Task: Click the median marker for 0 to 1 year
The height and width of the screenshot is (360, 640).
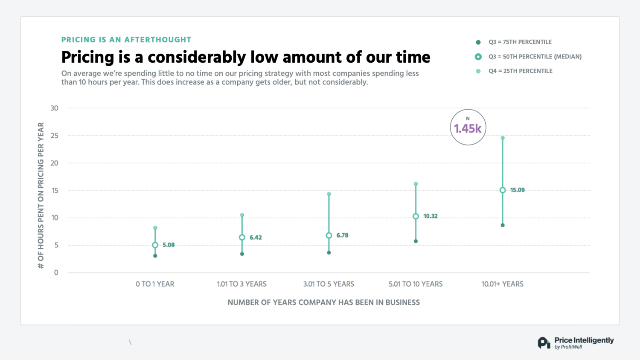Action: pyautogui.click(x=155, y=245)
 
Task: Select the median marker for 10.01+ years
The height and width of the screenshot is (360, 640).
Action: pyautogui.click(x=503, y=190)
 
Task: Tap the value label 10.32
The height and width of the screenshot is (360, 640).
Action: pyautogui.click(x=430, y=216)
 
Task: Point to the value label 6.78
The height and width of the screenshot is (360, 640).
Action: pyautogui.click(x=342, y=235)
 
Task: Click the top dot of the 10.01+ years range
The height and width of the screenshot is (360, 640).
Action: pyautogui.click(x=503, y=138)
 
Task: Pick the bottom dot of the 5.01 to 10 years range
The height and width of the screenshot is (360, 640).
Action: pyautogui.click(x=416, y=241)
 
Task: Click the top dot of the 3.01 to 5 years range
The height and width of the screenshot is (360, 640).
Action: pyautogui.click(x=329, y=194)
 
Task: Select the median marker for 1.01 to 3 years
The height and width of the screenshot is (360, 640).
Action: pyautogui.click(x=242, y=238)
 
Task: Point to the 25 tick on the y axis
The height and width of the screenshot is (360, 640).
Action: pyautogui.click(x=54, y=136)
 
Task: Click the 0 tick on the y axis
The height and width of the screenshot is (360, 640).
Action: pyautogui.click(x=56, y=273)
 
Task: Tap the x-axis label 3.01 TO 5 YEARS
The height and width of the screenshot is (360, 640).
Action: pyautogui.click(x=329, y=284)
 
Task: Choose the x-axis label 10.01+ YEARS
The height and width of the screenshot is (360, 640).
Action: pyautogui.click(x=502, y=284)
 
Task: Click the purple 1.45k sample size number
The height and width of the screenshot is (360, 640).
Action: pyautogui.click(x=468, y=129)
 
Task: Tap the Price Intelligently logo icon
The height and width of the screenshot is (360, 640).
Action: pyautogui.click(x=544, y=343)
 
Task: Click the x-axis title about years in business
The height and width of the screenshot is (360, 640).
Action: pyautogui.click(x=323, y=302)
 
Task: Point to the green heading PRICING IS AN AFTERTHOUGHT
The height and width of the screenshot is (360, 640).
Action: pyautogui.click(x=126, y=40)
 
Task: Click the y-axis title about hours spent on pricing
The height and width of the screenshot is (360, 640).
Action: pyautogui.click(x=41, y=195)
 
